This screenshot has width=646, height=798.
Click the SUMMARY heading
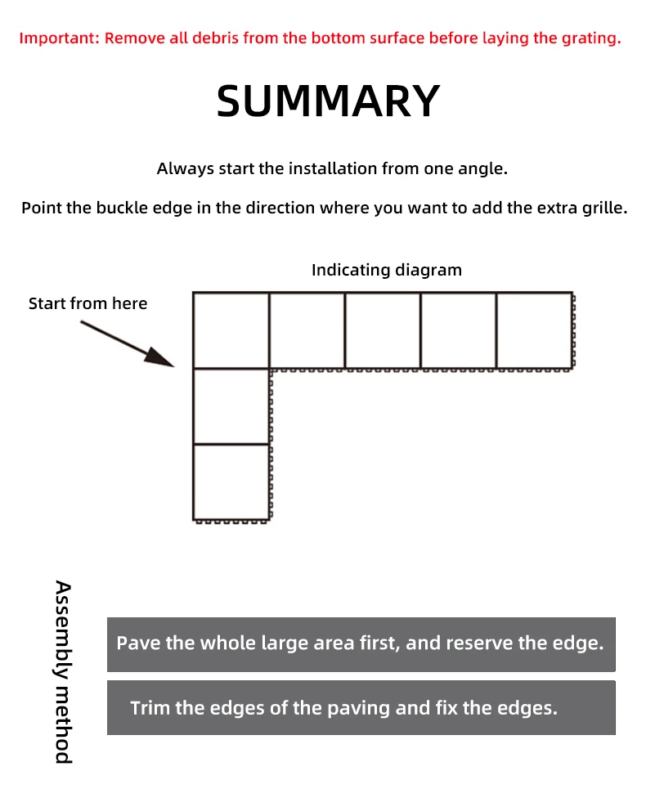click(x=328, y=101)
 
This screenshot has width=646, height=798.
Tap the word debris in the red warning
click(x=215, y=38)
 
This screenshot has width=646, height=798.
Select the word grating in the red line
click(x=591, y=38)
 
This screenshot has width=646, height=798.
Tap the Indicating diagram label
click(x=387, y=270)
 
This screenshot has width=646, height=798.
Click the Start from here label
click(x=88, y=303)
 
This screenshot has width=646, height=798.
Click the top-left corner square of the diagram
click(x=231, y=330)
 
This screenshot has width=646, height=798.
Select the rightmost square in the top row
click(x=535, y=330)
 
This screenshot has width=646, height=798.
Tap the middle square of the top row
click(x=383, y=330)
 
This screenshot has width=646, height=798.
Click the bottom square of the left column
click(x=231, y=482)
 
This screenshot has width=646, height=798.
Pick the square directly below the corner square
click(x=231, y=406)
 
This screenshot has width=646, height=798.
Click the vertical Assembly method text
click(x=64, y=672)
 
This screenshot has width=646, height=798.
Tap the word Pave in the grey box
click(x=138, y=643)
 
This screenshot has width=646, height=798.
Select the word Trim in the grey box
click(x=150, y=708)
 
